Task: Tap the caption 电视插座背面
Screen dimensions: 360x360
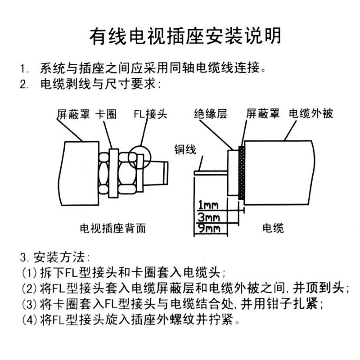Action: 112,228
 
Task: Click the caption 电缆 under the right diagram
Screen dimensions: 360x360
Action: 273,228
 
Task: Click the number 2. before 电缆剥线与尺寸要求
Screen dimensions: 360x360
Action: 24,84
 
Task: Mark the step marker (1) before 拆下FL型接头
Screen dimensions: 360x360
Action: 28,274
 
